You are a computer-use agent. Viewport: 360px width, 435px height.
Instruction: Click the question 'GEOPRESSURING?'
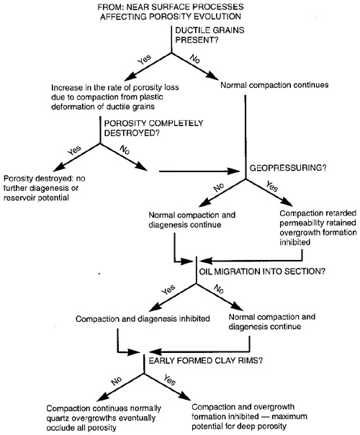[x=288, y=168]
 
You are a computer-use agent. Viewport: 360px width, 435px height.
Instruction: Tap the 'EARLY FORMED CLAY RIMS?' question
[x=205, y=360]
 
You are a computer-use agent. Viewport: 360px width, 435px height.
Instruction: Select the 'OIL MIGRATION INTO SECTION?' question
[x=262, y=271]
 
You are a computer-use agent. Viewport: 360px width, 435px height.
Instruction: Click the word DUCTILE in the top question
[x=192, y=30]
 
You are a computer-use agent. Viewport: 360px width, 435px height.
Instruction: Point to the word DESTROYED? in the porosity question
[x=132, y=133]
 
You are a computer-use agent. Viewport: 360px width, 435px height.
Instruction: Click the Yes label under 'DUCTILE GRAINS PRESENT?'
[x=145, y=59]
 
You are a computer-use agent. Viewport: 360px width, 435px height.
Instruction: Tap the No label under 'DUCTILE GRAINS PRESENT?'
[x=194, y=58]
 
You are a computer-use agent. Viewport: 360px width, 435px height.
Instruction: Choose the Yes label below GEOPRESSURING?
[x=272, y=186]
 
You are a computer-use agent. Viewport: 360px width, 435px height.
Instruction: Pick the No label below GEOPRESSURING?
[x=219, y=187]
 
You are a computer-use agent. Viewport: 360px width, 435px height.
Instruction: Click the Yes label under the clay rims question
[x=169, y=380]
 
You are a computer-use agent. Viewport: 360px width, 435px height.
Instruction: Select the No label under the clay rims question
[x=116, y=381]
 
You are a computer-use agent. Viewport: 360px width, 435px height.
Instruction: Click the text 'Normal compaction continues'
[x=274, y=85]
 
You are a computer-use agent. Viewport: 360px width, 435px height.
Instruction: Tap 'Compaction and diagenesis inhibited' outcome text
[x=143, y=319]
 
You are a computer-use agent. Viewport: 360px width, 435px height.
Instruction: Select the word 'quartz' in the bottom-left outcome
[x=57, y=418]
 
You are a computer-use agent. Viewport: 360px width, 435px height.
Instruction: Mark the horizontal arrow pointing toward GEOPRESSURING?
[x=199, y=171]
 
